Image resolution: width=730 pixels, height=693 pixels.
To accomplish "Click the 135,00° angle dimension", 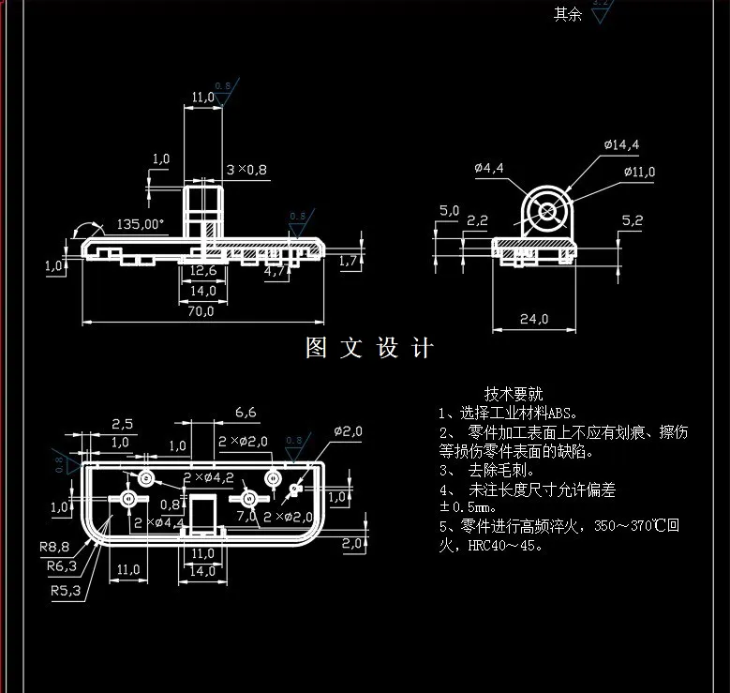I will click(140, 224).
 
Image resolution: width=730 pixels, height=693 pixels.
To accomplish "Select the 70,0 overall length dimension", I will click(200, 311).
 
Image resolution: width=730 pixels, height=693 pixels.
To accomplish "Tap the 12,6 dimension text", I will click(203, 271).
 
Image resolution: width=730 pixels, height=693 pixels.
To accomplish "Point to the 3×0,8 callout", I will click(246, 170).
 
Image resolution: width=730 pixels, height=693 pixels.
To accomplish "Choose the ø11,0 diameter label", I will click(639, 172).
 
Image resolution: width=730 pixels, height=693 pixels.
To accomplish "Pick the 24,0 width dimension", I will click(533, 319).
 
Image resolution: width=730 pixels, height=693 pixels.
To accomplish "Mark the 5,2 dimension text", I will click(633, 220).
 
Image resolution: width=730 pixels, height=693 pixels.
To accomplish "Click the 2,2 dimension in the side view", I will click(477, 220).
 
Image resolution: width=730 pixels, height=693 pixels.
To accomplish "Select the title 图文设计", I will click(370, 349).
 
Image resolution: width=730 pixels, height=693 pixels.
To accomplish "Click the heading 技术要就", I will click(514, 393).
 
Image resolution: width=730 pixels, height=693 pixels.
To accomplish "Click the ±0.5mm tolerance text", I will click(465, 507).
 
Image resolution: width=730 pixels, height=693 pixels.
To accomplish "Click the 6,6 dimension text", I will click(246, 412).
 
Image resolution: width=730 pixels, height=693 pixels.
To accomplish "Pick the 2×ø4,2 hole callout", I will click(207, 477).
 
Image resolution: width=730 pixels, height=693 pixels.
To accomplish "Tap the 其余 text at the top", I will click(567, 13).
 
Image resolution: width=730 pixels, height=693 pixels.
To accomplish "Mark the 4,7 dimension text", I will click(276, 272).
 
